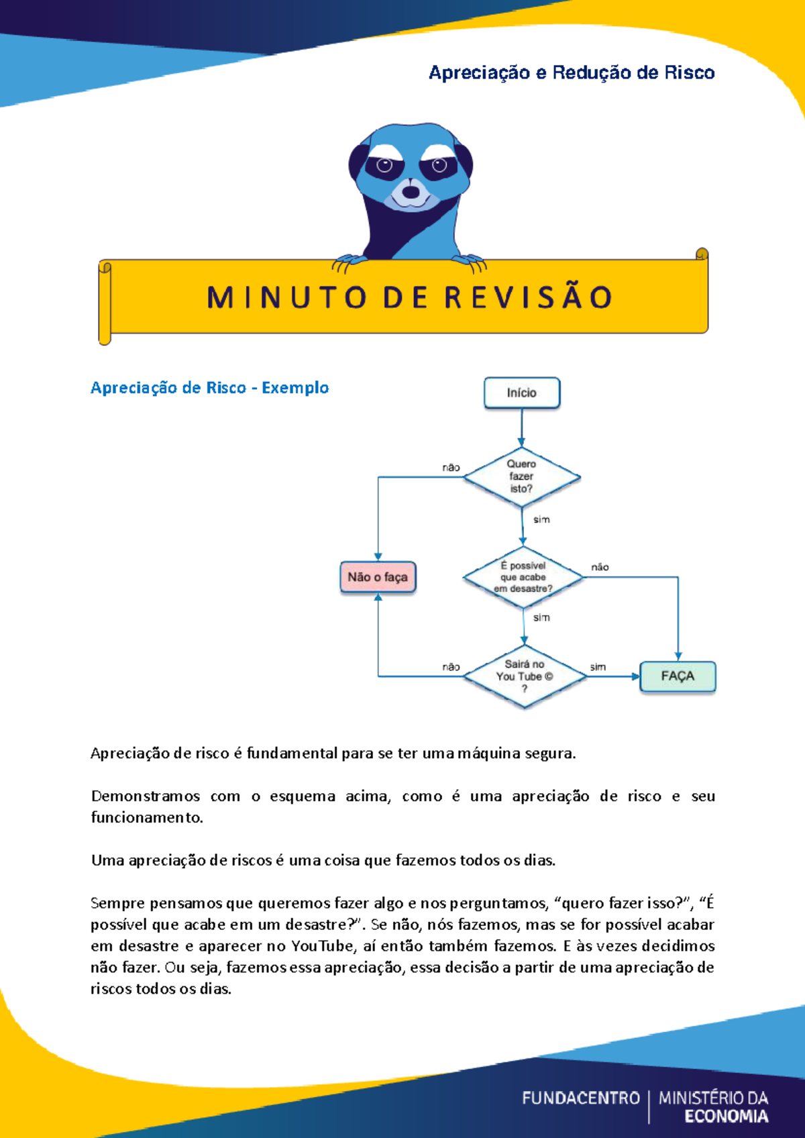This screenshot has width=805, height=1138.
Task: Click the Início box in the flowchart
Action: pos(522,393)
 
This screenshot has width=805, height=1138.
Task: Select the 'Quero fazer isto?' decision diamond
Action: pos(522,476)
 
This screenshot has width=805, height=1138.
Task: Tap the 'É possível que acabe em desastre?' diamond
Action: pos(523,577)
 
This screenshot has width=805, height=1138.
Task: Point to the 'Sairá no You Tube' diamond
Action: pos(525,676)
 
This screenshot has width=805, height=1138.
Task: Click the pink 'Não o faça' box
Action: pos(378,577)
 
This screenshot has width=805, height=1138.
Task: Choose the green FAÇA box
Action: pos(678,676)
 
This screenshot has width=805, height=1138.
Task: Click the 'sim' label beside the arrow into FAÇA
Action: pos(598,667)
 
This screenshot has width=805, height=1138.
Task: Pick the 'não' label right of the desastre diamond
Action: pos(600,567)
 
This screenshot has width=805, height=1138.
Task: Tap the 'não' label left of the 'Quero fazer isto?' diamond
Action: pos(451,468)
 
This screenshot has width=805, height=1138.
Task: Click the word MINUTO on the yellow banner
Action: pos(287,298)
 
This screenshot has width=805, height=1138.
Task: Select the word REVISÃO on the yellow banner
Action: pos(529,298)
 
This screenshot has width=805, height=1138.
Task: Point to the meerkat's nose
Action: pos(411,192)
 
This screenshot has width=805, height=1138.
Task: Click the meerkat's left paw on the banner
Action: pos(349,261)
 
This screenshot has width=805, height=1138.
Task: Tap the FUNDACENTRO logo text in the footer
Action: pos(581,1098)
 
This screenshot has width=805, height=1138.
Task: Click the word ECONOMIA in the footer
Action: pos(726,1117)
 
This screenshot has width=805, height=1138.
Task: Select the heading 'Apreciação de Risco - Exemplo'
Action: pos(209,388)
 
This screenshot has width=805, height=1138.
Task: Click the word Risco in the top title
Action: pos(690,72)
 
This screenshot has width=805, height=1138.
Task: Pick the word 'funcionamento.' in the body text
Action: pos(147,817)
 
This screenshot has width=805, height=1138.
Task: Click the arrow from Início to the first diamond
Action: pos(522,428)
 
